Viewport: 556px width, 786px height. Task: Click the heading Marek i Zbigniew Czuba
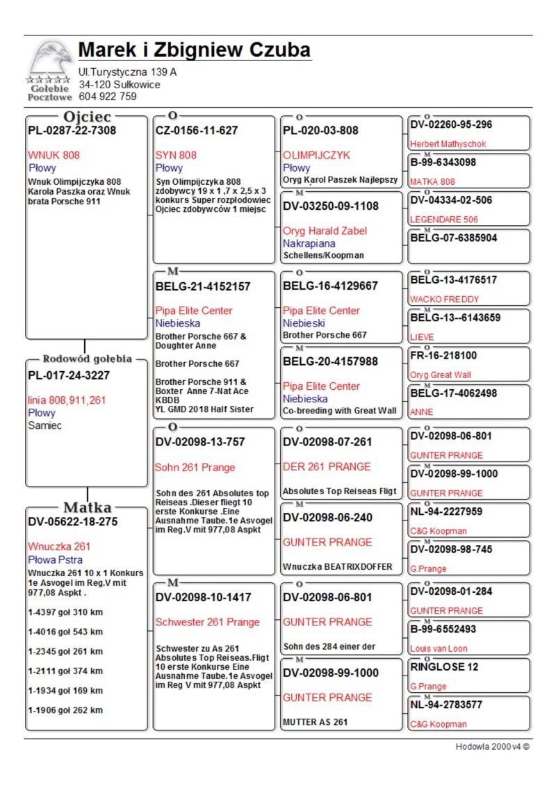(x=194, y=51)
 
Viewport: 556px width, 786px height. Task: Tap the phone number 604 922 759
(x=108, y=97)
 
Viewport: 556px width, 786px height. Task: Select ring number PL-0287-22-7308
(x=72, y=130)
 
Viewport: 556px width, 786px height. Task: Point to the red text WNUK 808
(x=54, y=155)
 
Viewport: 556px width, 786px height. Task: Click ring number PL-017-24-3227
(x=69, y=375)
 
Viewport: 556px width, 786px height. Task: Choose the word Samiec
(x=44, y=425)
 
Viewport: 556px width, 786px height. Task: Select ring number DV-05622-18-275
(x=73, y=521)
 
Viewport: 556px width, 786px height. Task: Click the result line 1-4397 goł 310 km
(x=65, y=612)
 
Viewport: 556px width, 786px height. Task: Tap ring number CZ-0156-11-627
(x=197, y=130)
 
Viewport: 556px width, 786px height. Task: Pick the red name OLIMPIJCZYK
(x=317, y=155)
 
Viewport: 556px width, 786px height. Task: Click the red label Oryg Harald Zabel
(x=325, y=231)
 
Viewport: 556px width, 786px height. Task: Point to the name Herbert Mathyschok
(x=448, y=144)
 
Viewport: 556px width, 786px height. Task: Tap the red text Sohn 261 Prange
(x=195, y=467)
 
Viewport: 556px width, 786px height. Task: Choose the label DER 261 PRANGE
(x=327, y=466)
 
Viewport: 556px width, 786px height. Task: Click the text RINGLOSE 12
(x=444, y=666)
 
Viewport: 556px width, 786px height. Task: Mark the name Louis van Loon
(x=439, y=648)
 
